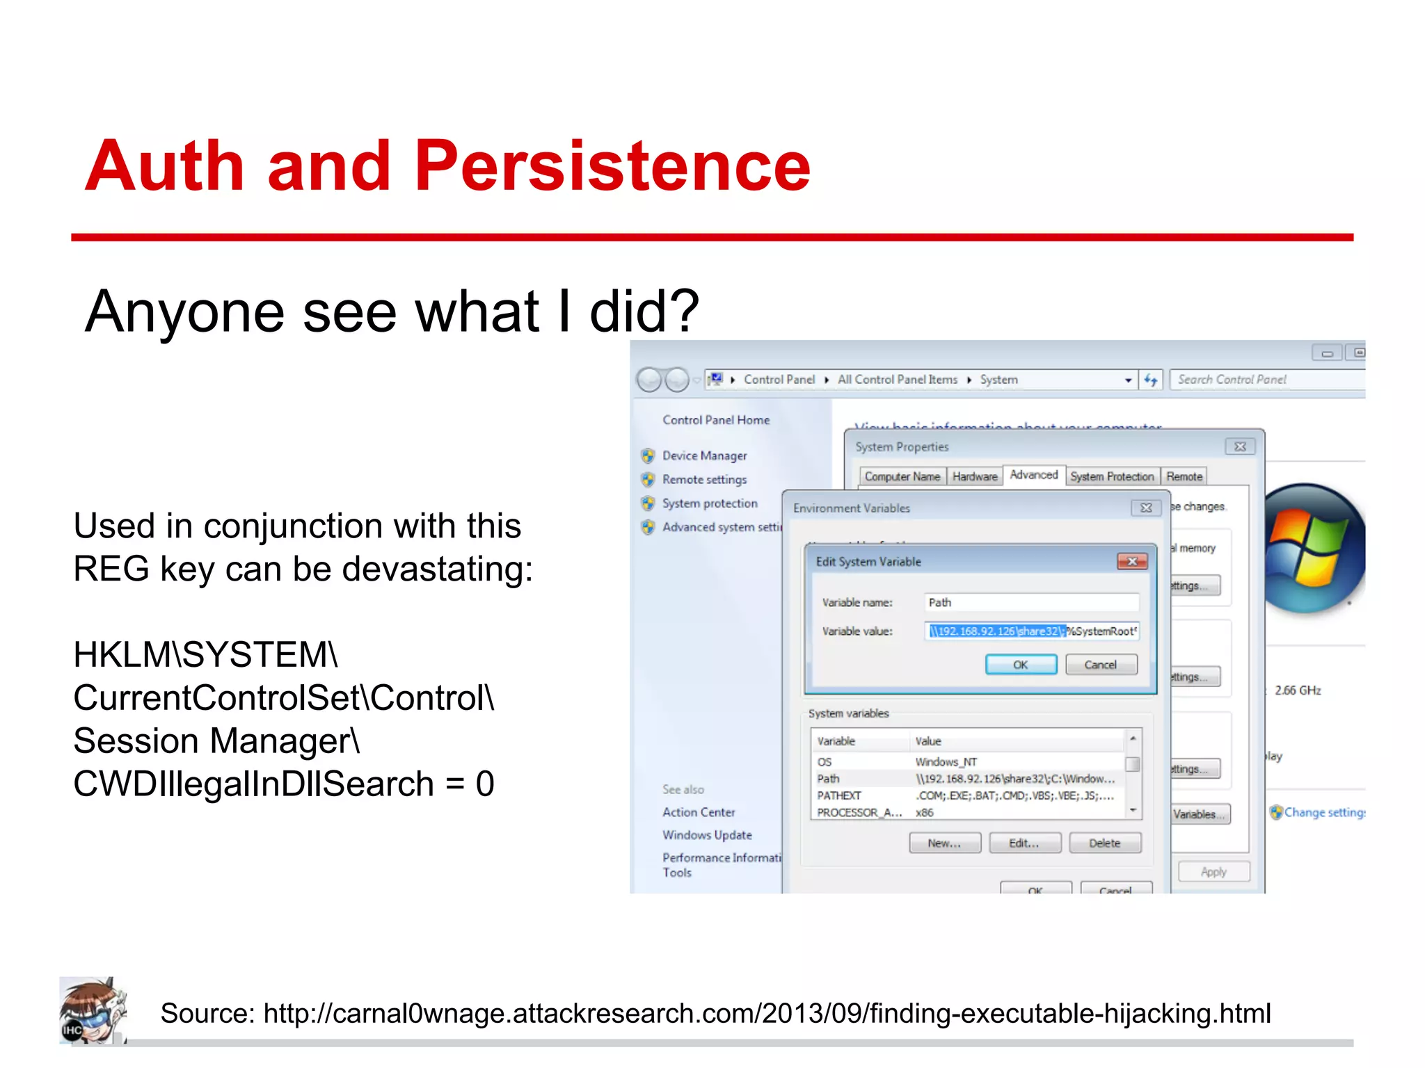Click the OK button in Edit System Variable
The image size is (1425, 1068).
point(1021,665)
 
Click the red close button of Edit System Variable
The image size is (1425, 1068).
point(1132,561)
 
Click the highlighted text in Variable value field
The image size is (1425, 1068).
point(996,631)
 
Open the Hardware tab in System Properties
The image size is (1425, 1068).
point(974,476)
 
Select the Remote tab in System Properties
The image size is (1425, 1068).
point(1184,476)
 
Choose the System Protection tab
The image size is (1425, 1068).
point(1112,476)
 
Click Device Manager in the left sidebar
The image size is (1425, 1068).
point(704,455)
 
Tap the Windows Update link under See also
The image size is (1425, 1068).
point(707,835)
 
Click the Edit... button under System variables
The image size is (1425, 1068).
point(1024,843)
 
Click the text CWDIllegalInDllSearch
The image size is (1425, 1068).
point(253,784)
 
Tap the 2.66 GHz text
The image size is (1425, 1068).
point(1297,690)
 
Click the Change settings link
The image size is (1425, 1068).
point(1322,812)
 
